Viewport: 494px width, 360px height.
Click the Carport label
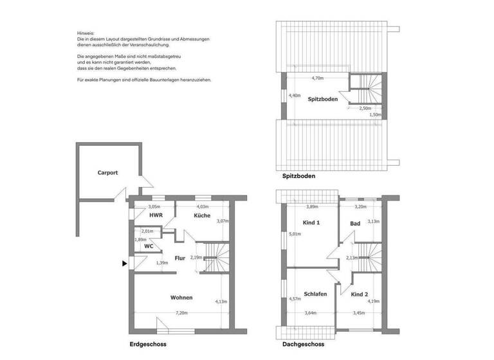click(x=108, y=172)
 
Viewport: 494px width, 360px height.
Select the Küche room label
click(x=203, y=216)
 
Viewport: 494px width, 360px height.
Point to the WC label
click(x=148, y=246)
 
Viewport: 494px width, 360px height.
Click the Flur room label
click(x=180, y=258)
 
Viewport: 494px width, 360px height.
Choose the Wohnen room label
click(x=181, y=298)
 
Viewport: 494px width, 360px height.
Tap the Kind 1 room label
click(x=311, y=222)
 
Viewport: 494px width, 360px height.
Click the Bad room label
click(x=355, y=223)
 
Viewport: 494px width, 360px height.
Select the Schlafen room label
click(x=315, y=294)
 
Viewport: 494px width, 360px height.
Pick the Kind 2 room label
click(x=360, y=294)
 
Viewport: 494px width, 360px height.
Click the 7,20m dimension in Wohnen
click(x=182, y=313)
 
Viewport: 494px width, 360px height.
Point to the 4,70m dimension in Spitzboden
click(x=317, y=78)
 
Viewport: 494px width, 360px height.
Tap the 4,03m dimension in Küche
click(x=203, y=207)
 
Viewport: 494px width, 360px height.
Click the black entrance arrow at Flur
click(x=124, y=263)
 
